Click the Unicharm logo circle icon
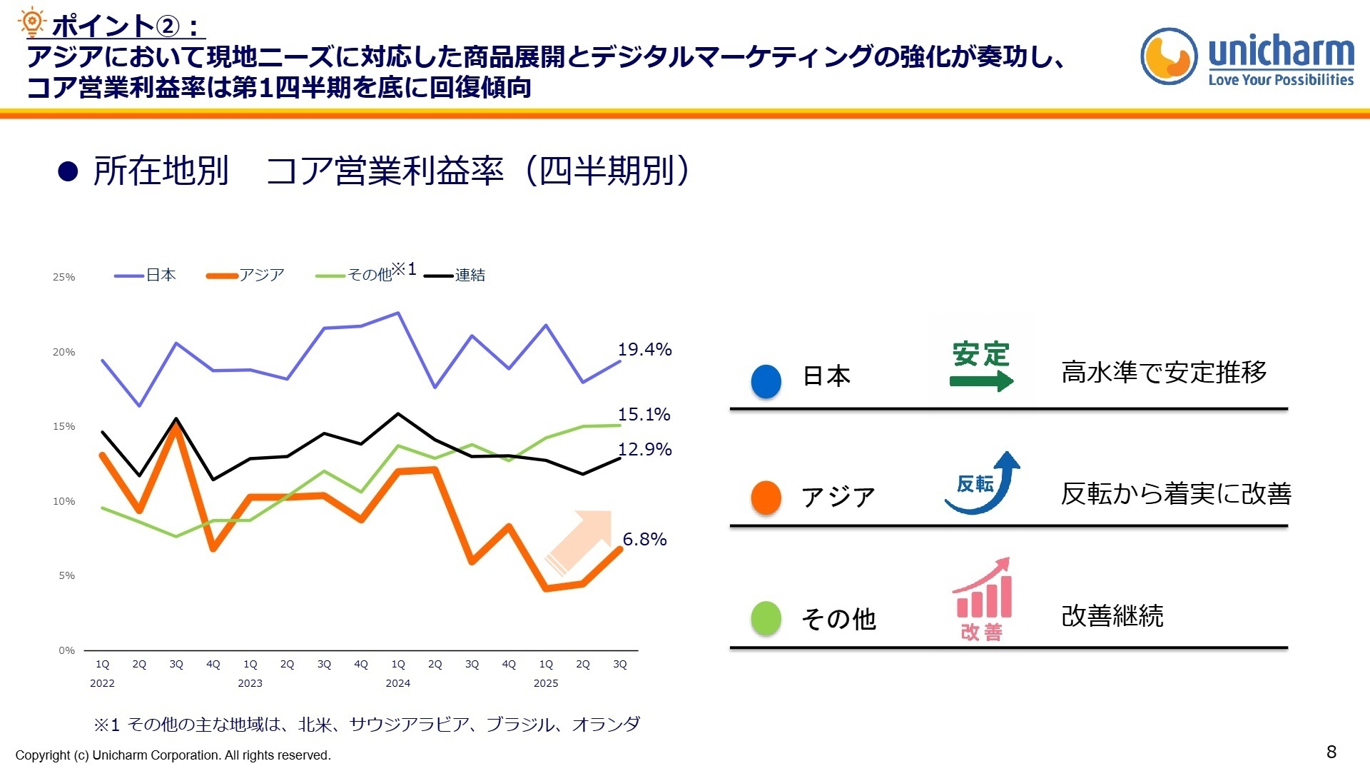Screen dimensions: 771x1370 tap(1168, 56)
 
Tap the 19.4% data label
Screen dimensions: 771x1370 tap(644, 350)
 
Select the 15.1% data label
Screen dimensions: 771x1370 tap(644, 415)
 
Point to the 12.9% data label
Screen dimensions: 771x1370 tap(644, 450)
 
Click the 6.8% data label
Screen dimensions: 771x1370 tap(644, 540)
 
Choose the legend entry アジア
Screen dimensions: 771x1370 tap(246, 276)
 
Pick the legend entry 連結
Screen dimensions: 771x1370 tap(455, 276)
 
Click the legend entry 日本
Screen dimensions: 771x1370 tap(146, 276)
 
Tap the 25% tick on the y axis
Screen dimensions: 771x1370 tap(64, 277)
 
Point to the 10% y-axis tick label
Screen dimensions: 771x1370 tap(64, 501)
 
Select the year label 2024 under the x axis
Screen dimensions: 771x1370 tap(397, 683)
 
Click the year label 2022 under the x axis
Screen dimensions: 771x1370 tap(102, 683)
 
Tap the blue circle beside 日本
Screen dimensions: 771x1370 tap(766, 381)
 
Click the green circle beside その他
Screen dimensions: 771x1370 tap(766, 618)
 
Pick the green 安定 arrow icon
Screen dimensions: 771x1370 tap(981, 366)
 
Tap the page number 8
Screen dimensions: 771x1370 tap(1331, 752)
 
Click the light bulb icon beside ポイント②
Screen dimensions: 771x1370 tap(31, 23)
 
